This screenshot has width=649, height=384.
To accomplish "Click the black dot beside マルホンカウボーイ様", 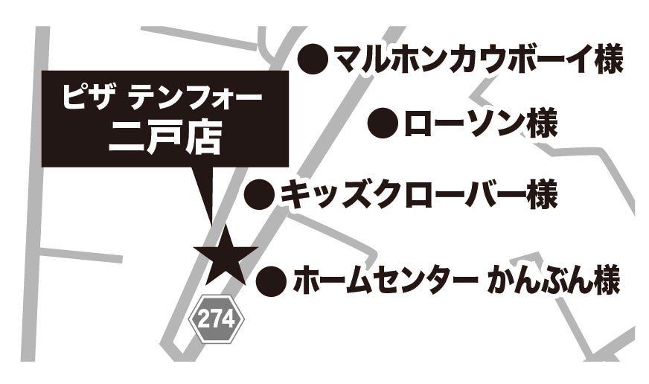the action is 313,58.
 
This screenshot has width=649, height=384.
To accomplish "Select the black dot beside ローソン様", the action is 383,122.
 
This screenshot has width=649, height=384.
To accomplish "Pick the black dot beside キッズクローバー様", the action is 260,195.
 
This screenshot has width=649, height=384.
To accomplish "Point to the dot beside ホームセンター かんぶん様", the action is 272,281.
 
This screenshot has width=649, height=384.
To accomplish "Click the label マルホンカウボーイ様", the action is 477,58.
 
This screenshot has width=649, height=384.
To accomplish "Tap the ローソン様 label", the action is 479,122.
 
